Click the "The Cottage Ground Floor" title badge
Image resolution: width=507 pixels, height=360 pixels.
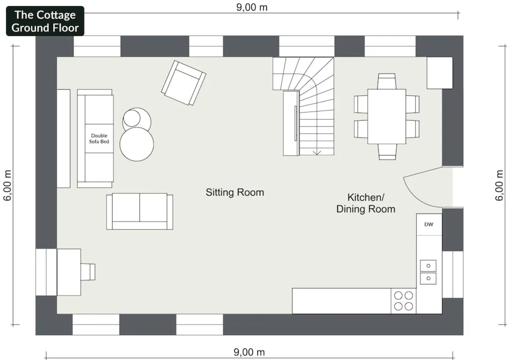click(45, 21)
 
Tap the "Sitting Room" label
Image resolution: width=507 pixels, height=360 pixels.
click(235, 193)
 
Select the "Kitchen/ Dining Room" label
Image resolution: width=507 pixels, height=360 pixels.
click(366, 203)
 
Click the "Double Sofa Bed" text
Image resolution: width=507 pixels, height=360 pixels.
click(99, 138)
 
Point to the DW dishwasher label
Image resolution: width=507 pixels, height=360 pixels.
click(429, 224)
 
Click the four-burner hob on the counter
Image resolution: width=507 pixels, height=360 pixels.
click(403, 301)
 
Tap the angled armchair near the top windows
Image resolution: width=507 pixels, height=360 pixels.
click(184, 83)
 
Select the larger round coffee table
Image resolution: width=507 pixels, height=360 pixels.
click(137, 144)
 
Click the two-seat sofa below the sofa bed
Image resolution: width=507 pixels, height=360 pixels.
click(140, 211)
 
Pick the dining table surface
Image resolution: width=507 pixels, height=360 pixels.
click(387, 117)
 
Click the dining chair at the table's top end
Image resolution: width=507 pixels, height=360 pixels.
click(387, 81)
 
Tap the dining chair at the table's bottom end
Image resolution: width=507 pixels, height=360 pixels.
click(387, 152)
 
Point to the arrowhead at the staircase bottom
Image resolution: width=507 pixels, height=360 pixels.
click(317, 153)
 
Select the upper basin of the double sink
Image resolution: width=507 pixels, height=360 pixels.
click(428, 266)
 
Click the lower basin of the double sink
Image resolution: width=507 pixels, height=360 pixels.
click(428, 278)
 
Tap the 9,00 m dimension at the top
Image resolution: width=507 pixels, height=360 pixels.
click(252, 7)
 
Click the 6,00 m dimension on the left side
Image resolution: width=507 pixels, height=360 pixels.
click(7, 185)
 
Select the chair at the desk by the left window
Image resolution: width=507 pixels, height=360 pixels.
click(88, 272)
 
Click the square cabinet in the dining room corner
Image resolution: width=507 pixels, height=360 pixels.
click(440, 73)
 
